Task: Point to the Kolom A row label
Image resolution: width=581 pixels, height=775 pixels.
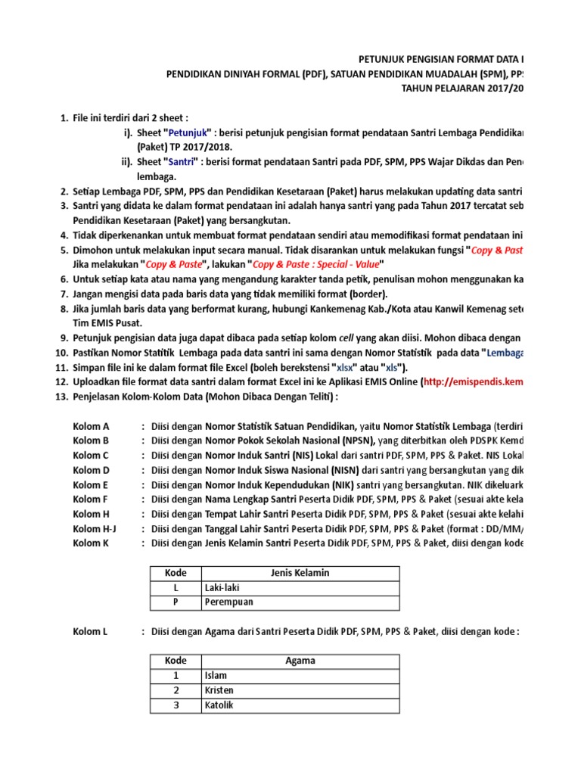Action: (92, 426)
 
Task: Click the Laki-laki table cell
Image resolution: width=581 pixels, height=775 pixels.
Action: (220, 587)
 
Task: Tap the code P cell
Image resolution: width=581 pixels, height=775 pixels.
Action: (176, 602)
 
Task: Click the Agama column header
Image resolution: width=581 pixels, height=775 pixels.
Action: (300, 661)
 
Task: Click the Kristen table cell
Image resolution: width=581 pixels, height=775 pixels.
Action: (219, 690)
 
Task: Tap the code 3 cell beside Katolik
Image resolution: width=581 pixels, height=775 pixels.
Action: (176, 705)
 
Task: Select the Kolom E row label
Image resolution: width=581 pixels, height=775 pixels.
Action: (91, 484)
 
